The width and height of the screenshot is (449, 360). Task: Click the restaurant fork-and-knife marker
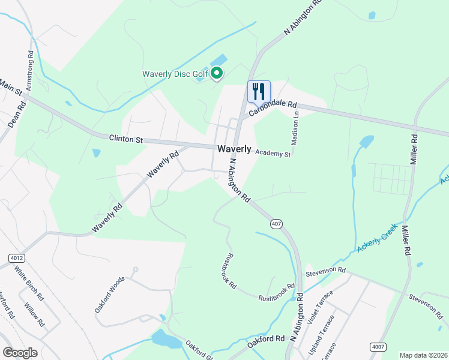[259, 91]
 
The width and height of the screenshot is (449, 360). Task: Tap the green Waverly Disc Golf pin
[216, 74]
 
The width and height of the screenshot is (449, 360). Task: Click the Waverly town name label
[234, 149]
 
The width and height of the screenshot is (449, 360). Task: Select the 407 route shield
[276, 224]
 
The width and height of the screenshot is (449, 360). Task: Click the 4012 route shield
[17, 258]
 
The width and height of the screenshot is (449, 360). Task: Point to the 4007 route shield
[378, 347]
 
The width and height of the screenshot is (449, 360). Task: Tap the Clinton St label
[126, 139]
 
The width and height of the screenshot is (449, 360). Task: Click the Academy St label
[273, 154]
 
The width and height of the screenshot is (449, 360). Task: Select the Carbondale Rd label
[273, 108]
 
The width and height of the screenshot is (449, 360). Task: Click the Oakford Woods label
[109, 294]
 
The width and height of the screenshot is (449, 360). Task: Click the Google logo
[20, 353]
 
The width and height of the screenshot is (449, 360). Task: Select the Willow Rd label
[35, 314]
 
